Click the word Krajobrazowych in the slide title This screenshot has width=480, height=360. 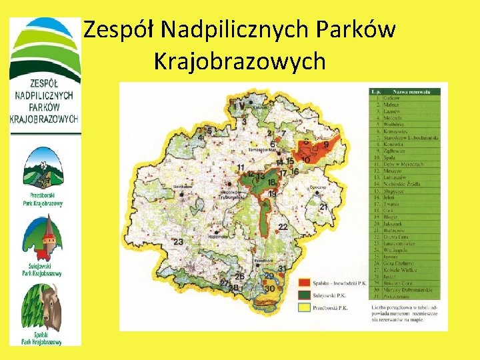click(x=240, y=61)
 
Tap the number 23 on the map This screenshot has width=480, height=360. click(x=178, y=243)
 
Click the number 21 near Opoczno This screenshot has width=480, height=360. click(x=324, y=208)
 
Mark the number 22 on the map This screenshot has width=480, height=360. click(x=283, y=227)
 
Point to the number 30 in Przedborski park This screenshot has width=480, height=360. click(x=270, y=289)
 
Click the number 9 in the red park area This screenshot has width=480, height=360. click(x=325, y=144)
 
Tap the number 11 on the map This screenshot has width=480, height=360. click(x=240, y=167)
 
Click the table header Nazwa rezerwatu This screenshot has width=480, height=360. click(x=410, y=90)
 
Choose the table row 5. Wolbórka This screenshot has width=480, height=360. click(x=400, y=123)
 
